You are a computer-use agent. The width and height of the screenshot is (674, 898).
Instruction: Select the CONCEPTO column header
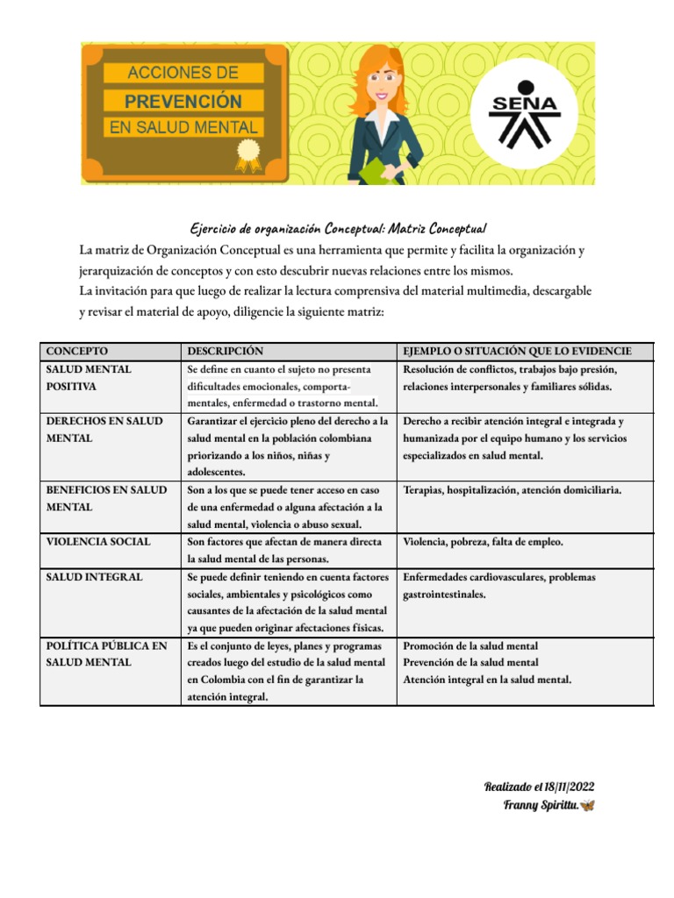[77, 352]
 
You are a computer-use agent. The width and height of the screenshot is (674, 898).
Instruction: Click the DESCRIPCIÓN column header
[226, 352]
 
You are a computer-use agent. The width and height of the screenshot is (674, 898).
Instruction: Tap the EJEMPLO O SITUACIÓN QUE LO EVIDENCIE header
[516, 352]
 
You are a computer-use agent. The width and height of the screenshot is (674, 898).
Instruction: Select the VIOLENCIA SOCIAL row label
[98, 542]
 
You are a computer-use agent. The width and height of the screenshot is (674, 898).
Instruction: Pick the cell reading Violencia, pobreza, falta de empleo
[483, 542]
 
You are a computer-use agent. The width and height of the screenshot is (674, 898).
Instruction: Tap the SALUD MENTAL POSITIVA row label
[89, 378]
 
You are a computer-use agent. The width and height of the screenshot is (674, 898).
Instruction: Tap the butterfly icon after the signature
[587, 805]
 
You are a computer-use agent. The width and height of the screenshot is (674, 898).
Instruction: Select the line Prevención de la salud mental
[470, 662]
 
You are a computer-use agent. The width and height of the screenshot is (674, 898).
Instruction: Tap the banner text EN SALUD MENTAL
[183, 128]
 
